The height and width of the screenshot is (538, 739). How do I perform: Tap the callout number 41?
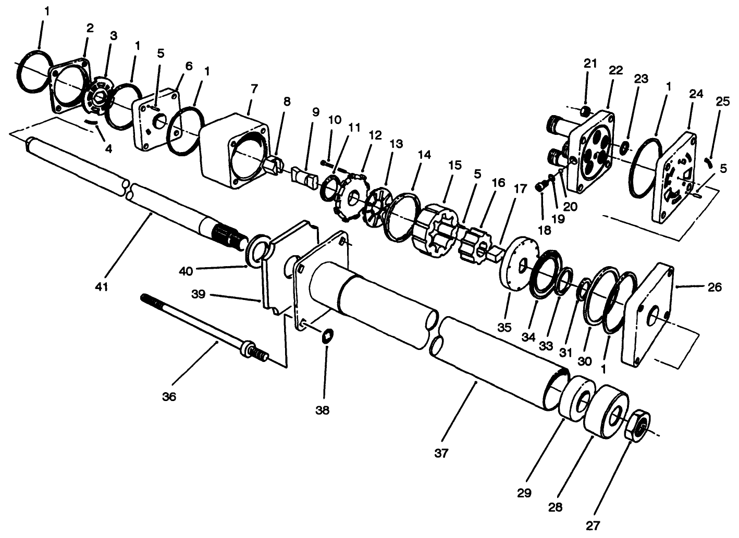[102, 286]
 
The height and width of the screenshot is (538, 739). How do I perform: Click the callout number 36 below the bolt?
[169, 397]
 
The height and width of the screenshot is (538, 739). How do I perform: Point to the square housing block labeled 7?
[235, 151]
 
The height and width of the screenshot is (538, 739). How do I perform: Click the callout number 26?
[715, 287]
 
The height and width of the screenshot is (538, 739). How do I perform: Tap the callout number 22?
[615, 70]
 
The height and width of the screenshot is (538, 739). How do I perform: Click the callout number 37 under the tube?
[441, 453]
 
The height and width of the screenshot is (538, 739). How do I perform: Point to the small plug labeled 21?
[586, 111]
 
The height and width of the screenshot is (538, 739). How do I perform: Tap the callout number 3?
[113, 35]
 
